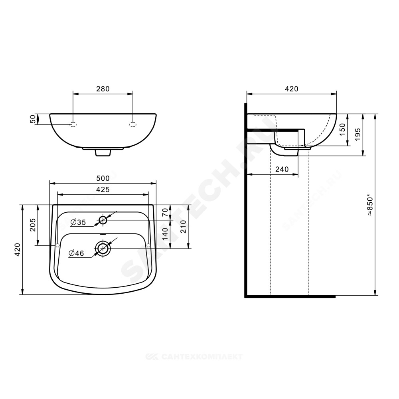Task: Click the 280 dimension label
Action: pyautogui.click(x=103, y=89)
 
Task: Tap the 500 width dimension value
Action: pyautogui.click(x=103, y=178)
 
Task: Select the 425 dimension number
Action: pyautogui.click(x=103, y=190)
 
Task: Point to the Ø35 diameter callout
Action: pyautogui.click(x=78, y=222)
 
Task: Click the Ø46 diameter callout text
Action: pyautogui.click(x=76, y=253)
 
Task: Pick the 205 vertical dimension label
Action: pyautogui.click(x=33, y=225)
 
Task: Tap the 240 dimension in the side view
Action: pyautogui.click(x=282, y=170)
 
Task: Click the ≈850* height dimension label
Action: pyautogui.click(x=369, y=205)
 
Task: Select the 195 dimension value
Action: pyautogui.click(x=358, y=134)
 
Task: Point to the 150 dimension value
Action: pyautogui.click(x=342, y=129)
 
